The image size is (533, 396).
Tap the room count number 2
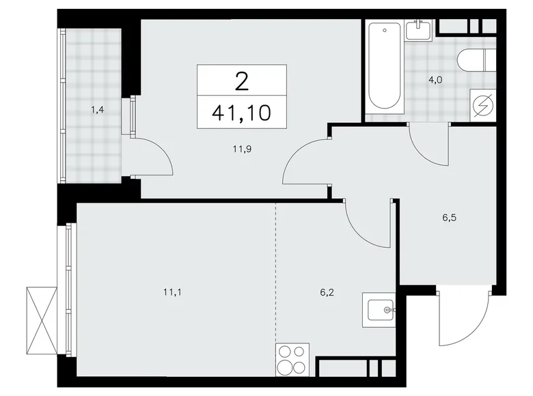click(x=242, y=81)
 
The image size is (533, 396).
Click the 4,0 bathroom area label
click(x=435, y=80)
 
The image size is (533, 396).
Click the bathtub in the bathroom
click(x=384, y=68)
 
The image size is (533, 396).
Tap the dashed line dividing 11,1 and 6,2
click(x=275, y=273)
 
